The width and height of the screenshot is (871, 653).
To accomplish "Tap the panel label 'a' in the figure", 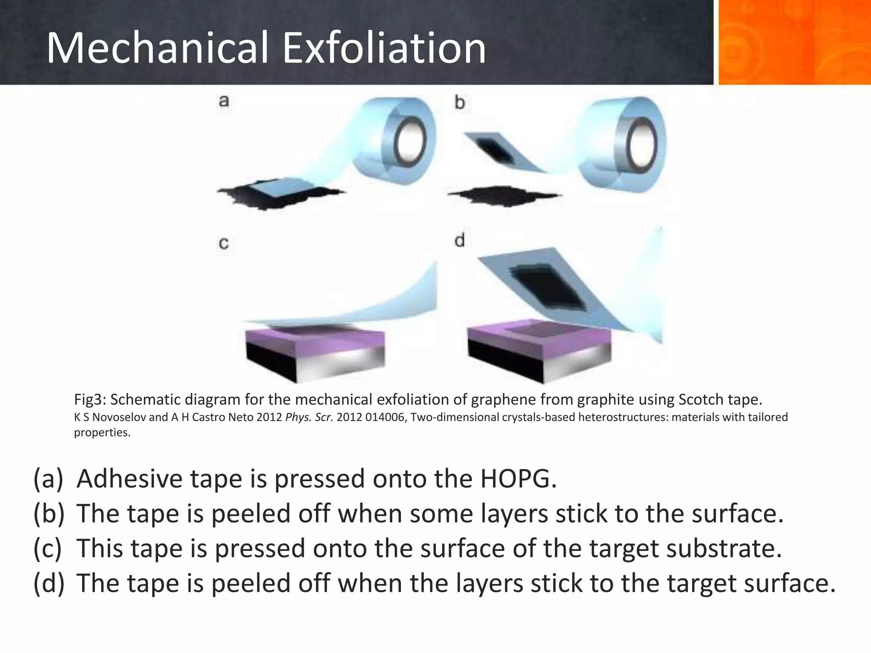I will (224, 101).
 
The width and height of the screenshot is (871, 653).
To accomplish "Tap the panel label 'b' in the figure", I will (460, 102).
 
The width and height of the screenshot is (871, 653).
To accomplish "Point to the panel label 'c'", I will (224, 243).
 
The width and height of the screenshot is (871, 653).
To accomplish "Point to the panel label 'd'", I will (460, 241).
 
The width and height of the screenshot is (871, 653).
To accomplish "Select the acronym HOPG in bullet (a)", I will (518, 479).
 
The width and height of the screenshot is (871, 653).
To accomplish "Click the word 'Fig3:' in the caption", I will (90, 400).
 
